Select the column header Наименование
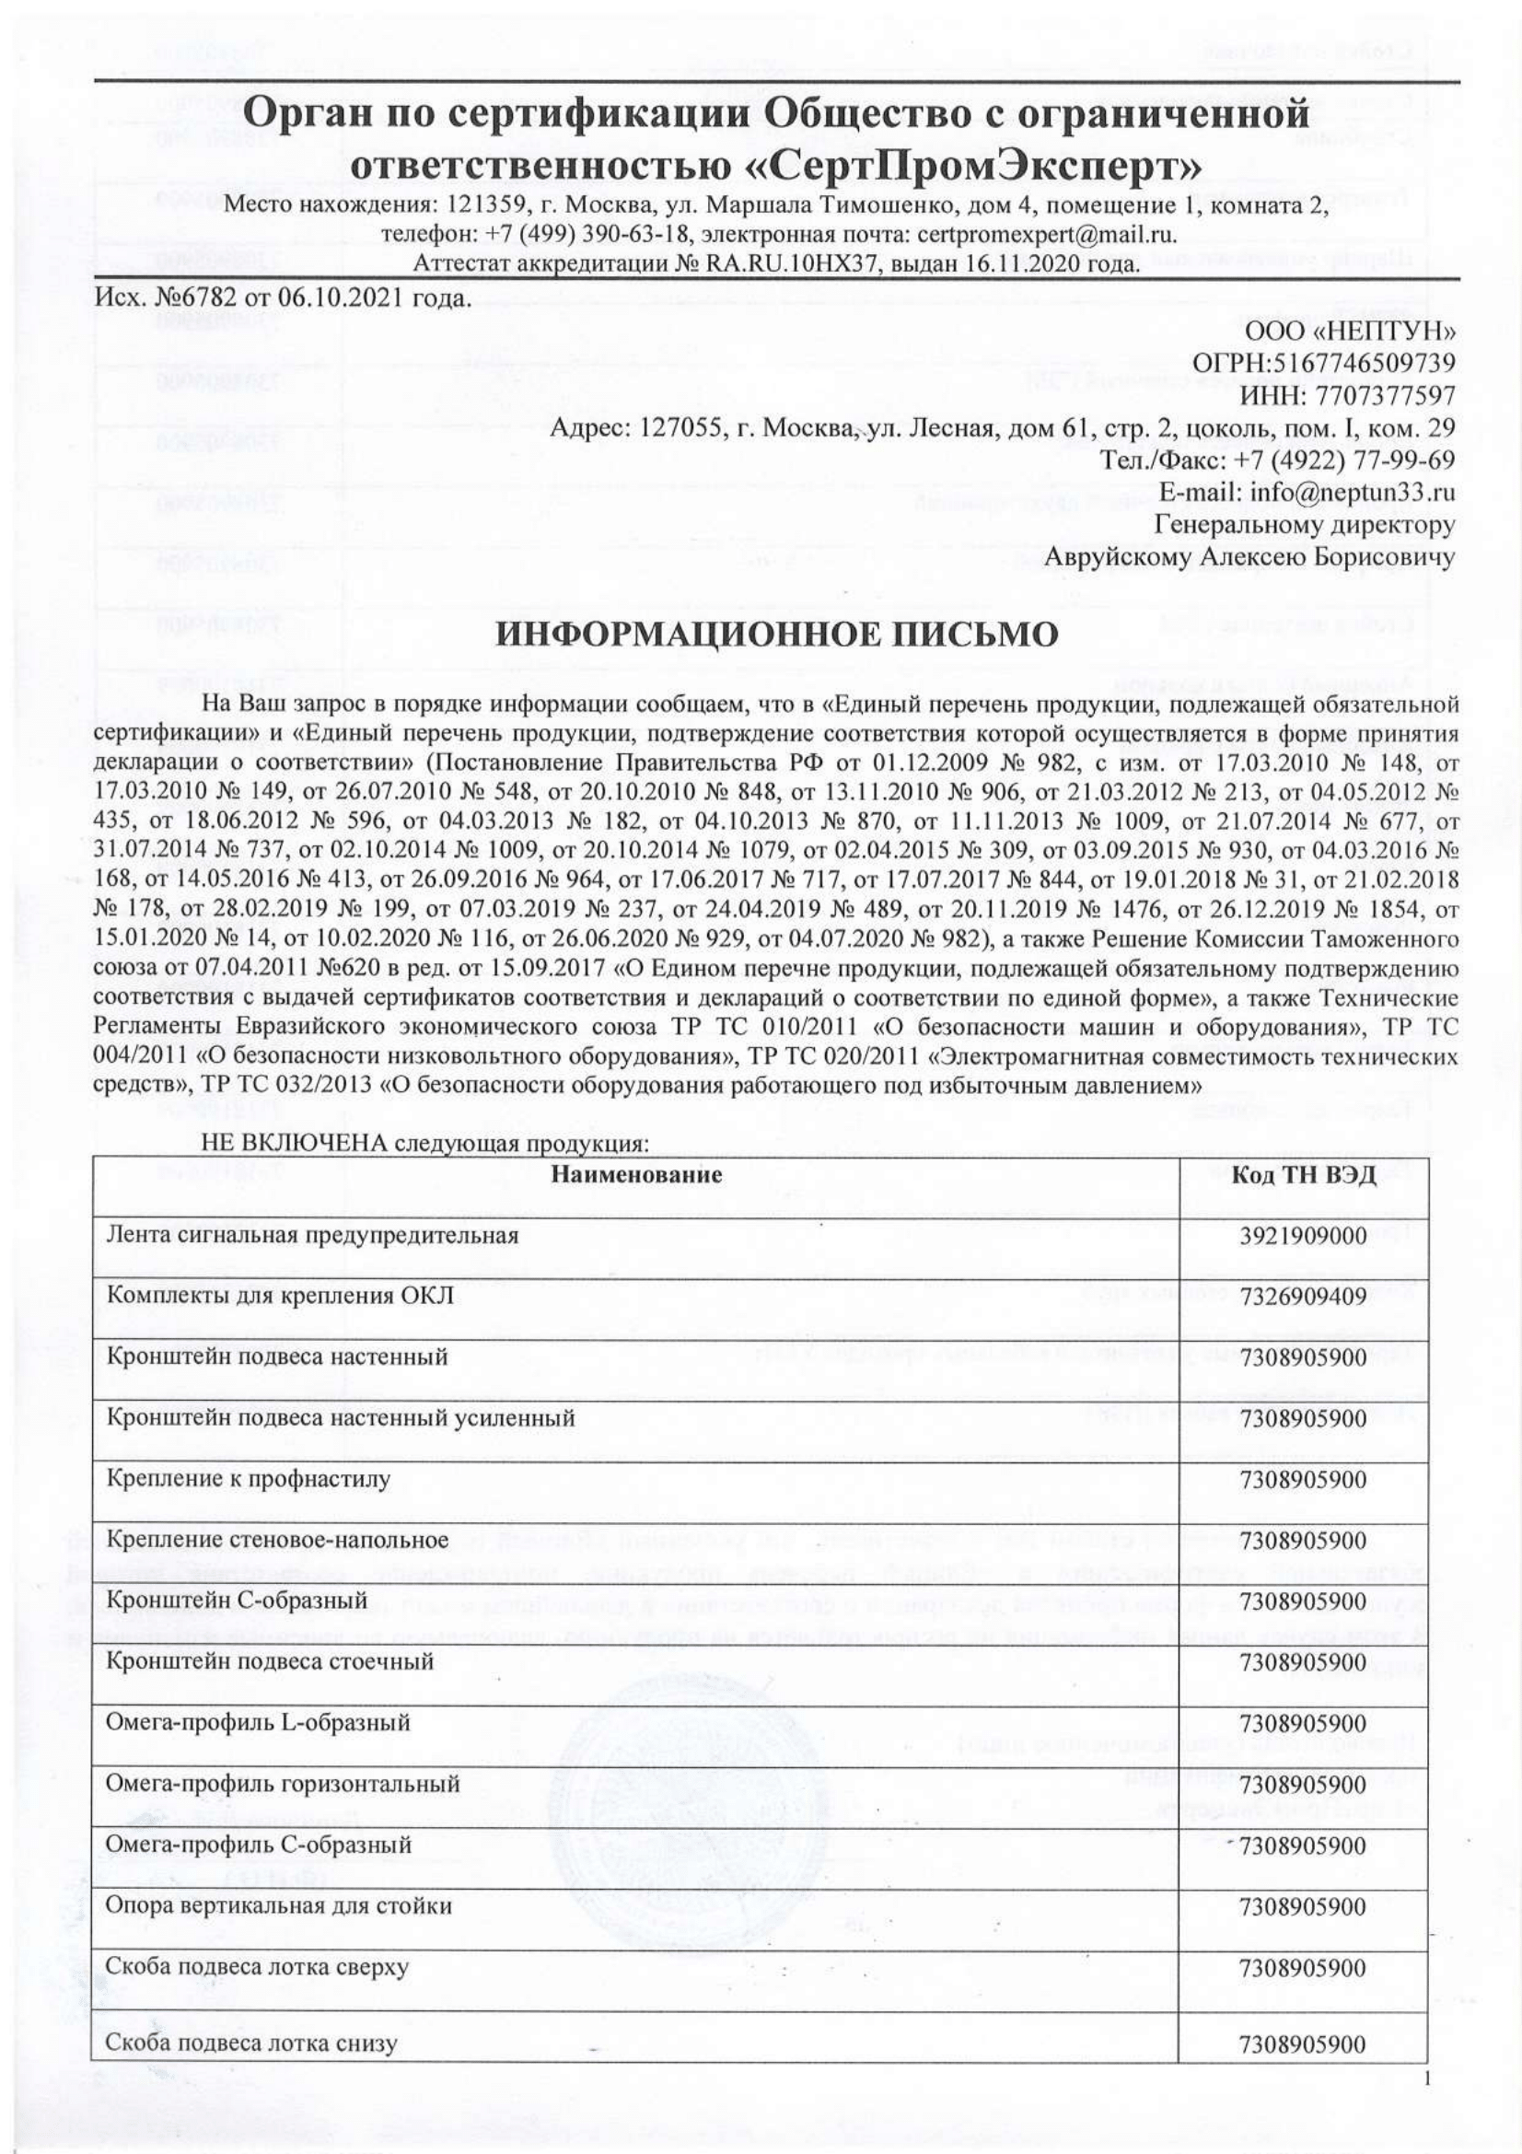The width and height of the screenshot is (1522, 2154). [x=636, y=1174]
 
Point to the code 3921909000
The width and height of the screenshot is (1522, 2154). [x=1302, y=1236]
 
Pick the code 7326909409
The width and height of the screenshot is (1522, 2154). [x=1302, y=1297]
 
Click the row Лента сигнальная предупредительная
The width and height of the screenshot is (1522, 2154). [x=313, y=1236]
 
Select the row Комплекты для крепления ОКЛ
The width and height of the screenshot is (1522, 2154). [x=282, y=1297]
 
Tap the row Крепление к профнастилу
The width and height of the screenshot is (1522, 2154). [x=249, y=1480]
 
